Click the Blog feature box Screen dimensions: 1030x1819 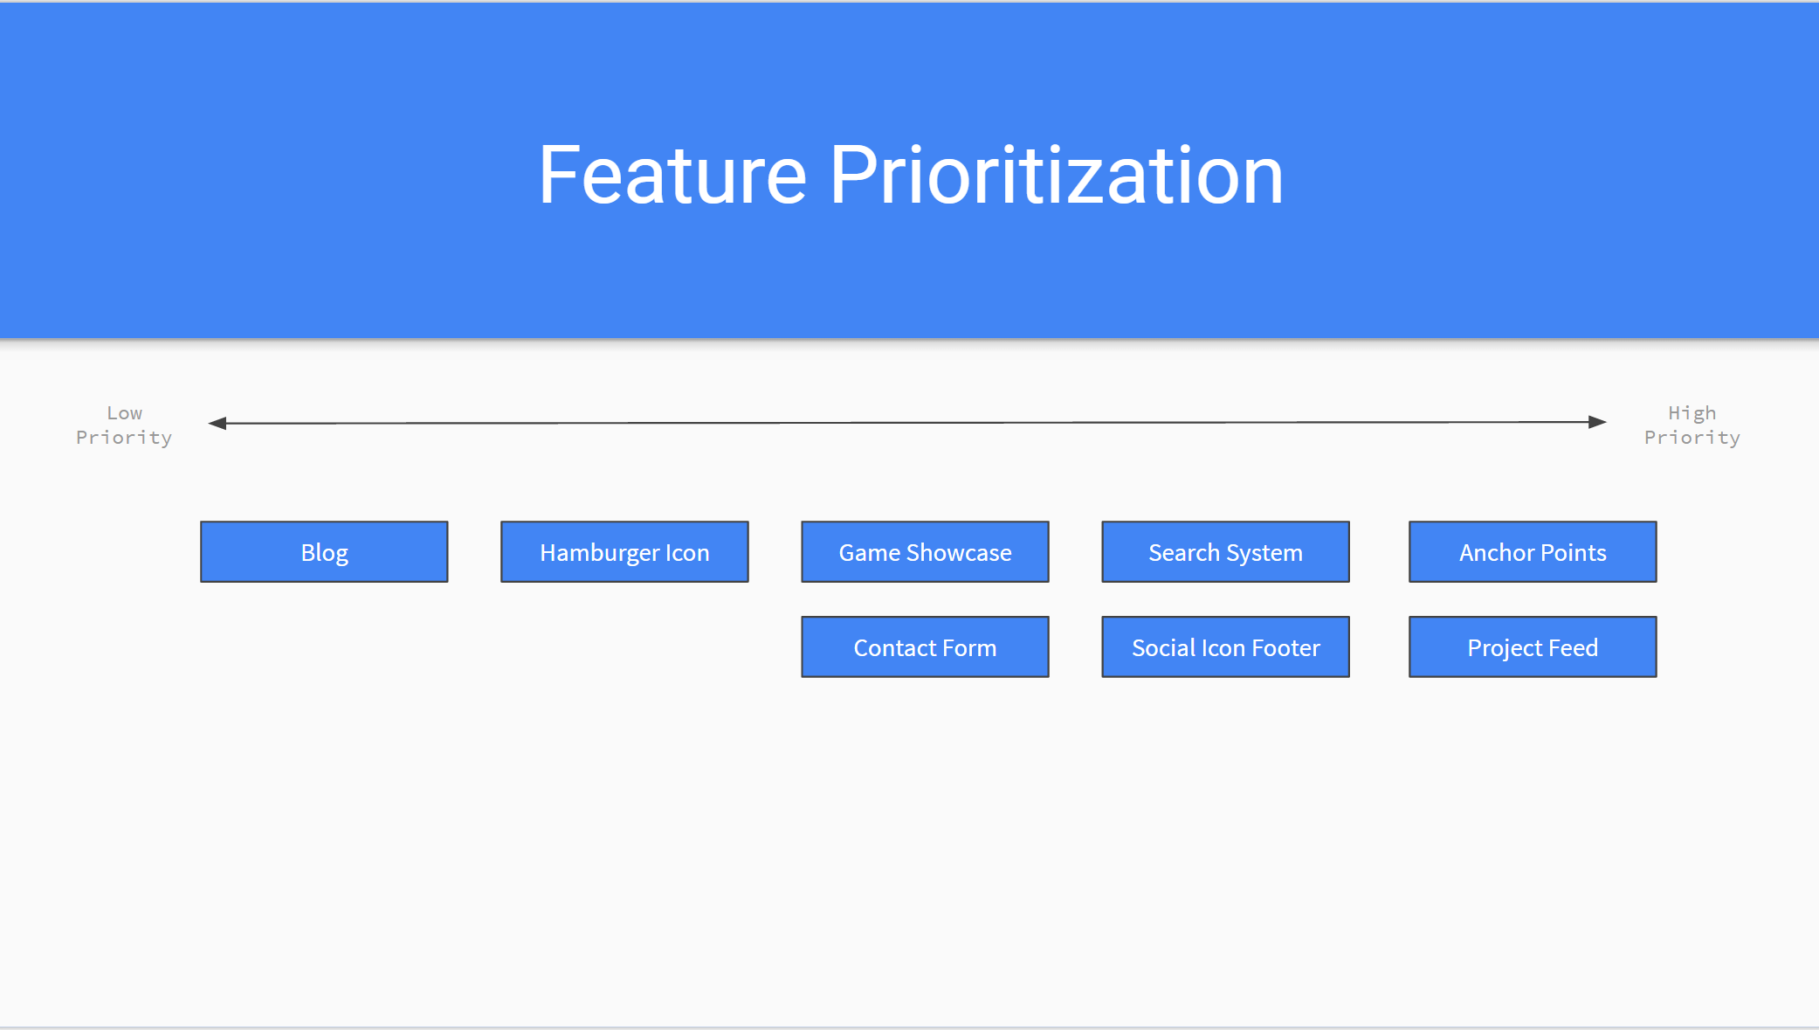pos(324,552)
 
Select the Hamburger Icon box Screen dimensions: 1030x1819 pos(624,552)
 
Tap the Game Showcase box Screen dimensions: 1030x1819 pos(925,552)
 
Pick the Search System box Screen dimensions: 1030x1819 pos(1225,552)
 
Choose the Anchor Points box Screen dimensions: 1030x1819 pos(1533,552)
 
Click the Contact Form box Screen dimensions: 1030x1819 pos(925,647)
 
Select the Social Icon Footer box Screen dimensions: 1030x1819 pos(1225,647)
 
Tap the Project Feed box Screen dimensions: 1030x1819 pos(1533,647)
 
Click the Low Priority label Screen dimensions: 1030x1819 pos(124,425)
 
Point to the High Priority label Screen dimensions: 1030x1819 pos(1692,425)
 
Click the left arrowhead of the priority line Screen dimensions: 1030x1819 pos(217,424)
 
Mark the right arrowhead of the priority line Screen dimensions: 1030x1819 pos(1597,422)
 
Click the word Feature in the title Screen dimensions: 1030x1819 pos(672,176)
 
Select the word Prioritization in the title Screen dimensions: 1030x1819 pos(1056,176)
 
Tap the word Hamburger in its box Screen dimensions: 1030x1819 pos(599,553)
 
